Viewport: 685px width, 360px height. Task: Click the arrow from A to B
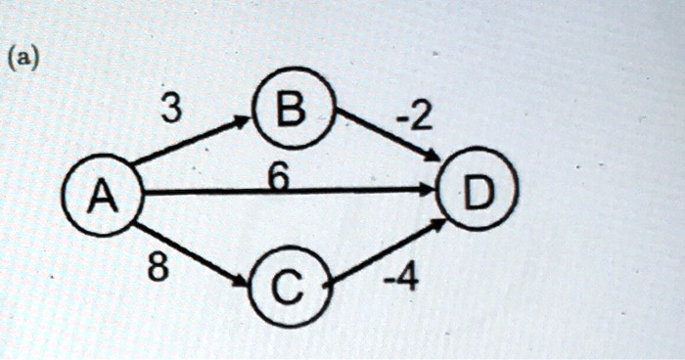click(x=192, y=141)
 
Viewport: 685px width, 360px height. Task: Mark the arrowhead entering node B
click(x=244, y=120)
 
